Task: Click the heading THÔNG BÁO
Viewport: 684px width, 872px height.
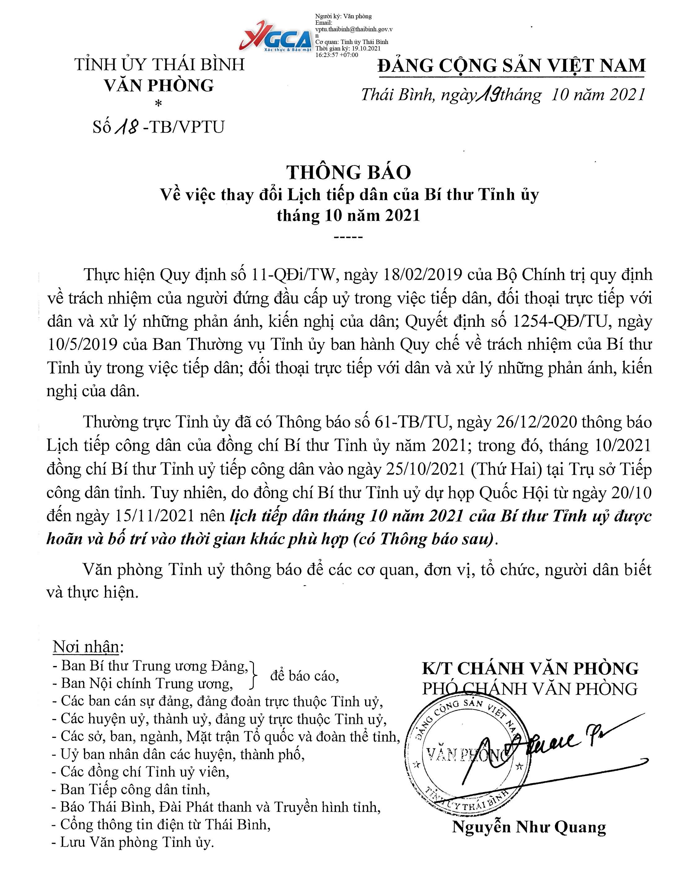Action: (348, 172)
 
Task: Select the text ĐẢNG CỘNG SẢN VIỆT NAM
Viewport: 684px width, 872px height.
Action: (512, 65)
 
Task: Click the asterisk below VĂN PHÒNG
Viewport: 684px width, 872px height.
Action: (159, 104)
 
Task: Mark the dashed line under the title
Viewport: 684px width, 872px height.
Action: (348, 237)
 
